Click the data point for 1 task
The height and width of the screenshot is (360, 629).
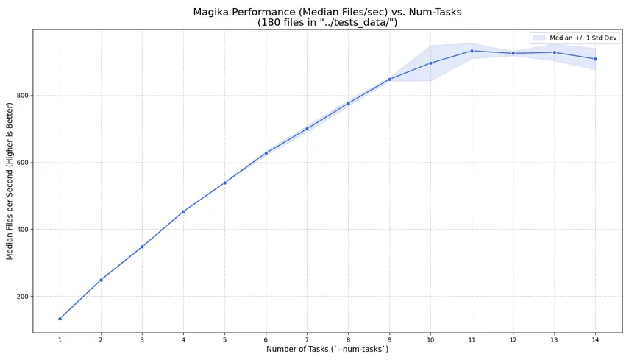[x=60, y=319]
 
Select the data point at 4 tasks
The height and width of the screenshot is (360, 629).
[x=183, y=211]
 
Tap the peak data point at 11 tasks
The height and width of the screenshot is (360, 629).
[x=472, y=51]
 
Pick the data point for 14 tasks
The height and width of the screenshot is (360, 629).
[x=595, y=59]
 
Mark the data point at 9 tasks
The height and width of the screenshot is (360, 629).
[x=389, y=80]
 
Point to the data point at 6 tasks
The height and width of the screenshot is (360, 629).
[x=266, y=153]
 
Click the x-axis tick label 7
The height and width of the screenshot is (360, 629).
[x=307, y=339]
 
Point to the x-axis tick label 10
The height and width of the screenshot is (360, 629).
[x=430, y=339]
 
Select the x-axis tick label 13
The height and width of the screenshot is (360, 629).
[x=554, y=339]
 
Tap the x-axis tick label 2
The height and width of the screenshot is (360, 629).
[x=101, y=339]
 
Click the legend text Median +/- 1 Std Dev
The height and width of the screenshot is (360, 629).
[x=583, y=38]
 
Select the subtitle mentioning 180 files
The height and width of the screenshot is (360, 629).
[x=327, y=23]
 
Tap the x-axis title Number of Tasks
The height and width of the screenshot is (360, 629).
[x=327, y=349]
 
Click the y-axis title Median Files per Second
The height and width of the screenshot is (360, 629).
[x=10, y=180]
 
